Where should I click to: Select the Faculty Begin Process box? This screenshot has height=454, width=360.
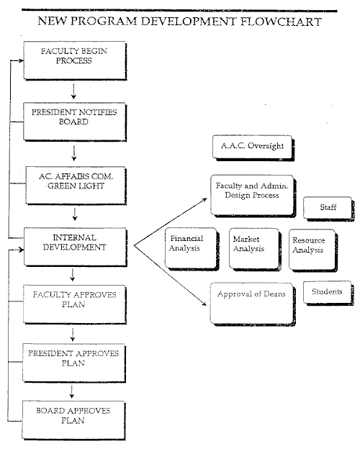click(x=75, y=60)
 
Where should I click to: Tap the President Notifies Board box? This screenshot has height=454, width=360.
click(x=74, y=122)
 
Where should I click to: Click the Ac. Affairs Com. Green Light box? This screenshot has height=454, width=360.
click(x=76, y=186)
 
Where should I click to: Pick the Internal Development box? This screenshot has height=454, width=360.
click(x=75, y=247)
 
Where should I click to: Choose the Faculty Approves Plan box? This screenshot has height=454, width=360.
click(x=75, y=304)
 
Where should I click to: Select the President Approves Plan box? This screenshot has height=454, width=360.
click(x=74, y=363)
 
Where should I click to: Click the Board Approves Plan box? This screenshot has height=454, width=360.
click(x=73, y=420)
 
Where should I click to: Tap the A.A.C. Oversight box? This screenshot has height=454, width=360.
click(x=253, y=147)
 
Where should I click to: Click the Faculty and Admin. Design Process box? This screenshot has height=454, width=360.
click(x=253, y=196)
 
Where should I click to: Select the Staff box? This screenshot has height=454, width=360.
click(x=329, y=209)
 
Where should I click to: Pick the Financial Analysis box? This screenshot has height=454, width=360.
click(x=192, y=249)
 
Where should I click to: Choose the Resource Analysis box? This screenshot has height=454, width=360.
click(x=313, y=250)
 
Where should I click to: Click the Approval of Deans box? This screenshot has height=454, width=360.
click(x=253, y=304)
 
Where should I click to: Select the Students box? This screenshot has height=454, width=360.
click(x=329, y=293)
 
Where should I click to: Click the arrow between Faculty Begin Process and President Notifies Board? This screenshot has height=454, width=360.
click(x=73, y=91)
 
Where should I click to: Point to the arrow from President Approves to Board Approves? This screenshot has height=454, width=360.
click(x=71, y=391)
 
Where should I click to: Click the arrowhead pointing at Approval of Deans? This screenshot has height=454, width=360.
click(x=204, y=304)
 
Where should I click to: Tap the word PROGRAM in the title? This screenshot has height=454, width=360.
click(x=104, y=21)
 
